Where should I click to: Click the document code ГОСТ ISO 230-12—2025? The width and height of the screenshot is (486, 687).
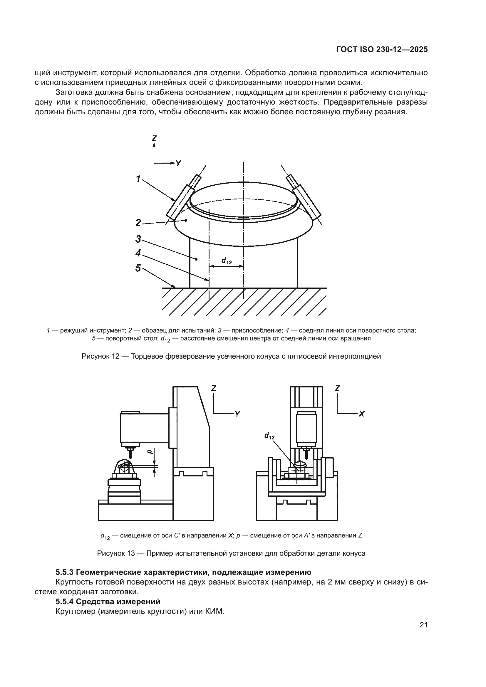[x=382, y=50]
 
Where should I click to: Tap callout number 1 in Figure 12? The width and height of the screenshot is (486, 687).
[x=138, y=179]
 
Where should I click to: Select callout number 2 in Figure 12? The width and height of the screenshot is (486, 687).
[x=138, y=223]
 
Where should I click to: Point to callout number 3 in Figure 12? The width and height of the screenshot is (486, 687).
[x=138, y=239]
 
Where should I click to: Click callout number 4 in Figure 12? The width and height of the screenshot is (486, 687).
[x=138, y=253]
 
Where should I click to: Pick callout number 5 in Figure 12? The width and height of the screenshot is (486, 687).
[x=138, y=268]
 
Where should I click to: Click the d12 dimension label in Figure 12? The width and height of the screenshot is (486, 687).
[x=227, y=261]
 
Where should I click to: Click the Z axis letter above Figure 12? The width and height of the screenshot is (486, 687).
[x=154, y=138]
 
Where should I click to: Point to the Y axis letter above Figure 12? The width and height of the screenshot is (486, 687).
[x=178, y=163]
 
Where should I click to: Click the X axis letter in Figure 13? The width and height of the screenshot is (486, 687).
[x=361, y=414]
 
